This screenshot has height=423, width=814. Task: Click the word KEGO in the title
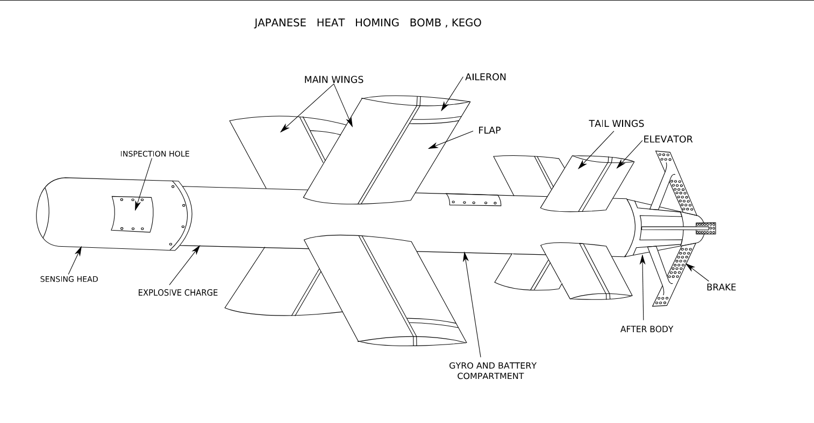(466, 23)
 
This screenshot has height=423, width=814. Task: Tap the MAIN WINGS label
(333, 80)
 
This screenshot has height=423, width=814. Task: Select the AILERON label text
(485, 77)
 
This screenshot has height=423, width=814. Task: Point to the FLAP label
(489, 130)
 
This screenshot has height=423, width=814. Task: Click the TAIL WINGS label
(616, 124)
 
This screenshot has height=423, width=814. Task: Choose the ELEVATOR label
(668, 139)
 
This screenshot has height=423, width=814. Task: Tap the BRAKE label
(722, 287)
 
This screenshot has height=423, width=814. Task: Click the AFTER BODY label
(647, 329)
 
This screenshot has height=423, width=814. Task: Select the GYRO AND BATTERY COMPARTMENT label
(492, 371)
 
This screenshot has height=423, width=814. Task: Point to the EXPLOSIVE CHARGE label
(178, 292)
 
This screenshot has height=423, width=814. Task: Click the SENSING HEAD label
(69, 279)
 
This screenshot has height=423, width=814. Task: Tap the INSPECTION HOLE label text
(155, 154)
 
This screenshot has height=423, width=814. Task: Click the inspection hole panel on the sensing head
(132, 214)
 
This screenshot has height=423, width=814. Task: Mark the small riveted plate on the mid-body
(474, 200)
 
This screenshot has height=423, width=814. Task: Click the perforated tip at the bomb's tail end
(706, 228)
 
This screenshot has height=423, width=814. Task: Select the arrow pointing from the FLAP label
(451, 140)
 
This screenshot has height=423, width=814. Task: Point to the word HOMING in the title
(377, 23)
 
